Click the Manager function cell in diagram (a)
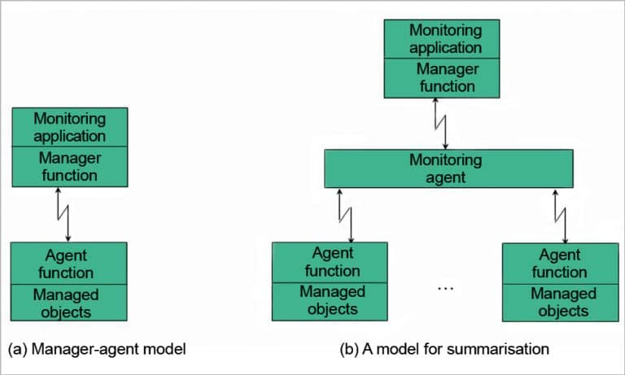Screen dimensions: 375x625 69,165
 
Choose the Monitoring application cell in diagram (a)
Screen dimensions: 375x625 69,127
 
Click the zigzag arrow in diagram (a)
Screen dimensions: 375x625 63,213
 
